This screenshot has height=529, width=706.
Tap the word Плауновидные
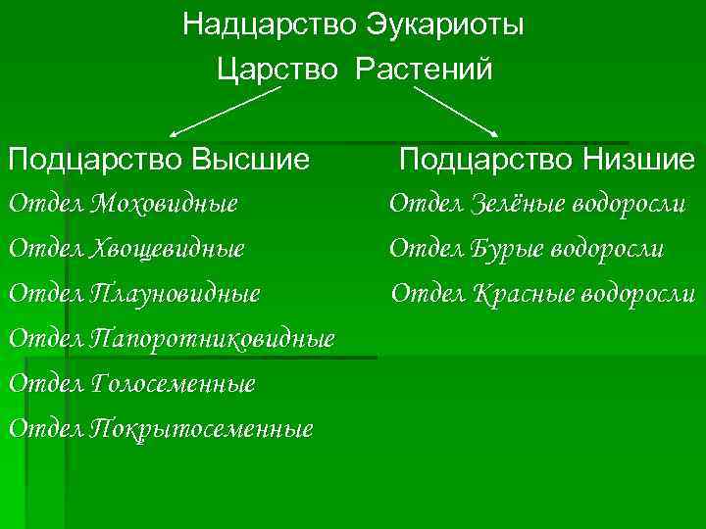[176, 293]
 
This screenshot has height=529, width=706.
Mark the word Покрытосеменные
[201, 428]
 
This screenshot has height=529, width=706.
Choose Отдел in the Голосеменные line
[45, 383]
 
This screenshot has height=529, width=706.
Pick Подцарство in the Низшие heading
[480, 159]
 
